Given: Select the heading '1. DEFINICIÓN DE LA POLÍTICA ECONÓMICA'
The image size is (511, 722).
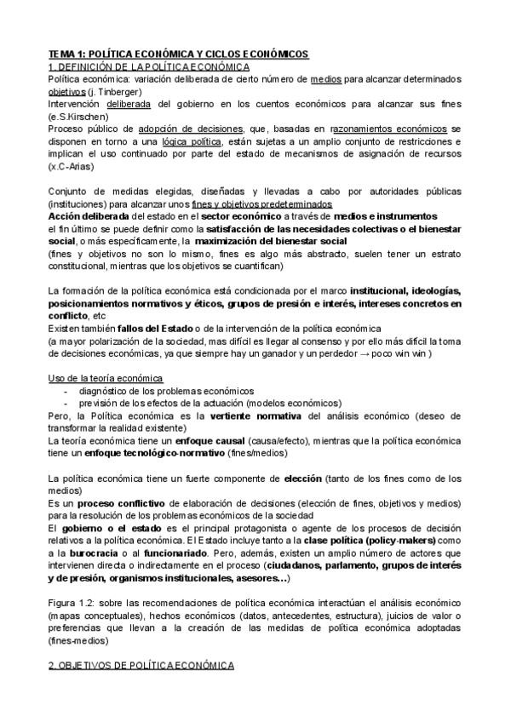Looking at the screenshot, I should point(149,66).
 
